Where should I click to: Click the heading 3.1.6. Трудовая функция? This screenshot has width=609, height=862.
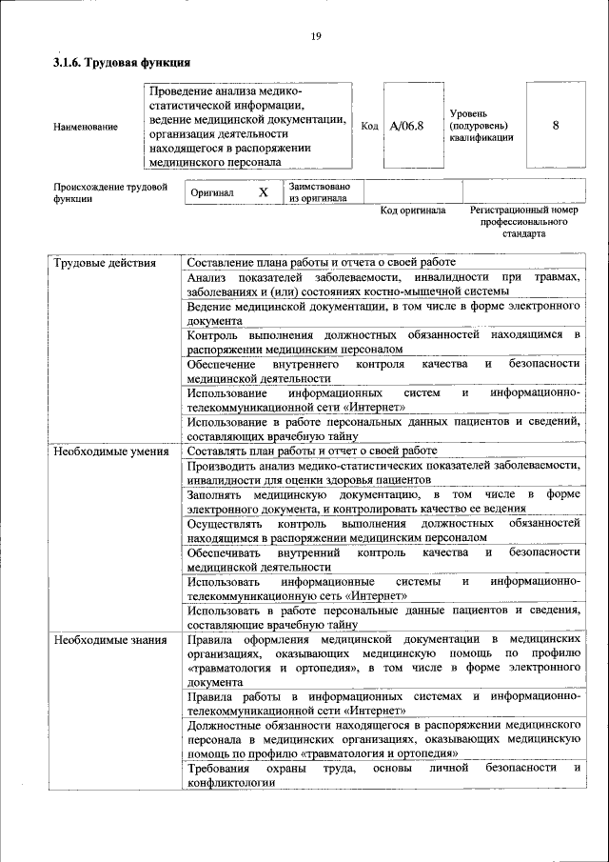(123, 63)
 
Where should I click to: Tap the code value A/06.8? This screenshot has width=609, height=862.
(406, 126)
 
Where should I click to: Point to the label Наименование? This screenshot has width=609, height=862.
(86, 127)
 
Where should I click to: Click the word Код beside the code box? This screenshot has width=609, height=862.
(370, 126)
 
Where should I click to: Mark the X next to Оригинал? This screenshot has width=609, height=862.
(264, 191)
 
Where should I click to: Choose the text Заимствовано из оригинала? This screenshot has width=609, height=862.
(320, 191)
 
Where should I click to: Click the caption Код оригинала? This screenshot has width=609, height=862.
(413, 210)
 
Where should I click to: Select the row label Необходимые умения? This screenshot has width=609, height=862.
(110, 451)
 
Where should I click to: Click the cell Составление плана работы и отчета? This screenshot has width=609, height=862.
(322, 262)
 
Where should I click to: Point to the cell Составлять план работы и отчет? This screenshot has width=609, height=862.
(312, 451)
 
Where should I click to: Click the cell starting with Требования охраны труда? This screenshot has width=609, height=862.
(383, 774)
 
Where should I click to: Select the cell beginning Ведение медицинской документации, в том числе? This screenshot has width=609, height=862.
(383, 313)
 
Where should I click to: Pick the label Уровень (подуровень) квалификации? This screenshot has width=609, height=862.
(481, 126)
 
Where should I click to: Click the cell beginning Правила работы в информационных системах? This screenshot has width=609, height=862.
(383, 704)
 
